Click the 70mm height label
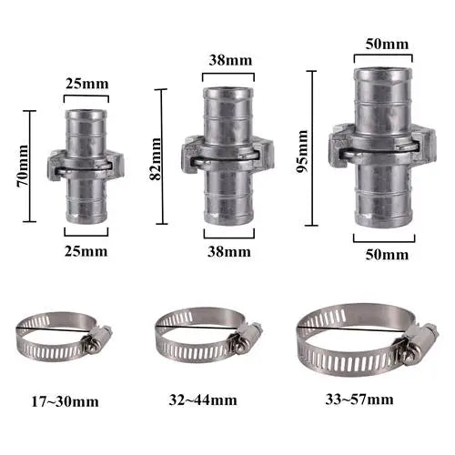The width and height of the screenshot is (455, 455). pyautogui.click(x=24, y=166)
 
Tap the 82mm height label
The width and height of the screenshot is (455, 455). pyautogui.click(x=156, y=159)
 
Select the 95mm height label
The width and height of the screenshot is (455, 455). pyautogui.click(x=302, y=151)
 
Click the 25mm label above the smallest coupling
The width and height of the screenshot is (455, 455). pyautogui.click(x=87, y=84)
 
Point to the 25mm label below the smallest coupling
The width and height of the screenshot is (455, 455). pyautogui.click(x=86, y=251)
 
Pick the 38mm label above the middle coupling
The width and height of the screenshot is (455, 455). pyautogui.click(x=230, y=60)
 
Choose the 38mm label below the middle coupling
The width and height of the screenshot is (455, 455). pyautogui.click(x=229, y=252)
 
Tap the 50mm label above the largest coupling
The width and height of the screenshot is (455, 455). pyautogui.click(x=387, y=45)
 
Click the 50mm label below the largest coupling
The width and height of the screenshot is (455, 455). pyautogui.click(x=387, y=255)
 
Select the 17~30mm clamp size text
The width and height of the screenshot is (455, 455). pyautogui.click(x=66, y=402)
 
